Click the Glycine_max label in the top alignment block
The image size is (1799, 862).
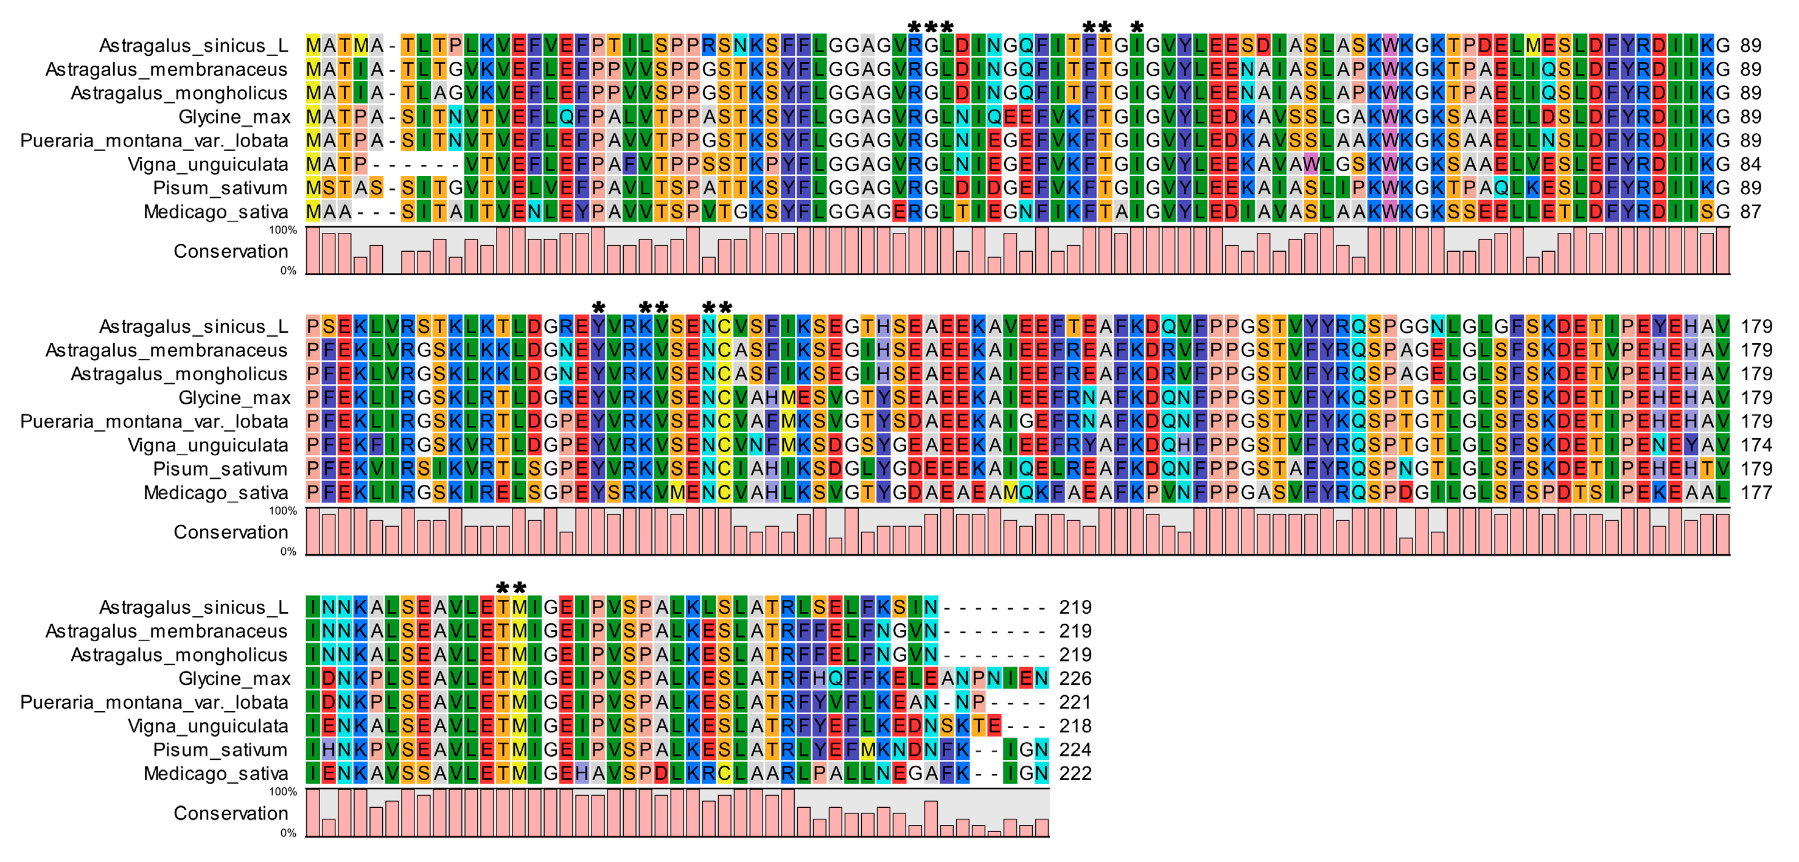(234, 117)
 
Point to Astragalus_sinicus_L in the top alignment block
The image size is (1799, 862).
(194, 46)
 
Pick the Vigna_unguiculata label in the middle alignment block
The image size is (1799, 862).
(208, 445)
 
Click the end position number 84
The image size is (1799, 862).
(1750, 164)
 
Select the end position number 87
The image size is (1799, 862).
(1750, 212)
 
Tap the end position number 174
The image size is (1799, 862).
(1756, 445)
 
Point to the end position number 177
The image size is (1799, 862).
(1756, 493)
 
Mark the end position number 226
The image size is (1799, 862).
(1075, 678)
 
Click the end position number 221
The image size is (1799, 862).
(1075, 702)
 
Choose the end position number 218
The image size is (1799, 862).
(1075, 726)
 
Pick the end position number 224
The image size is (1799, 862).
(1075, 749)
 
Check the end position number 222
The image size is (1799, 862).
(1075, 773)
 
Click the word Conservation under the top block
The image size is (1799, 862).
(231, 251)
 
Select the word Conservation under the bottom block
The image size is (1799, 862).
(231, 813)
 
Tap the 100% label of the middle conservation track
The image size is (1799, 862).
(283, 511)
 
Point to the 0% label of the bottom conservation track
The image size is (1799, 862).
(288, 833)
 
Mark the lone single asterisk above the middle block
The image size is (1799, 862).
(598, 308)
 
